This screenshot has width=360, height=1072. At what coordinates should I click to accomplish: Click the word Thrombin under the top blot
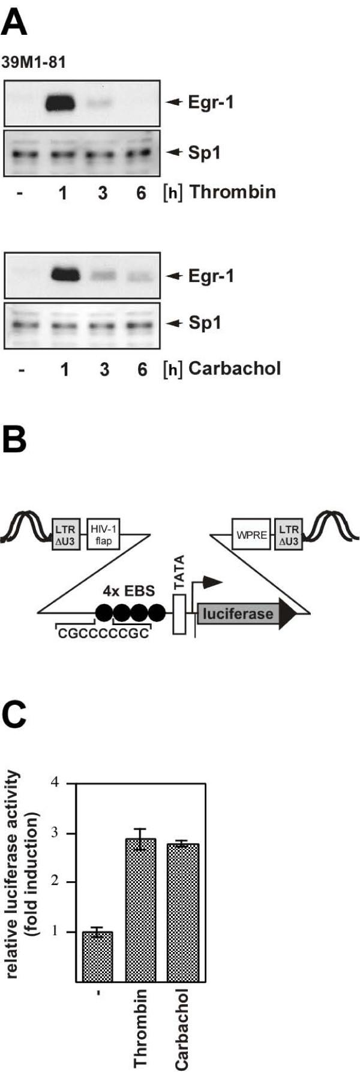232,192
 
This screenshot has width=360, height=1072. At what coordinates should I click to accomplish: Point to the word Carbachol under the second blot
235,368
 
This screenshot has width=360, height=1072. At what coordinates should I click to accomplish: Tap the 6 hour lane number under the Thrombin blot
141,194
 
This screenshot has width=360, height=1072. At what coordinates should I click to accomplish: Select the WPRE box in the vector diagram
251,534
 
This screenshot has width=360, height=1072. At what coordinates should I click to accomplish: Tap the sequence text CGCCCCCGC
103,634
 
